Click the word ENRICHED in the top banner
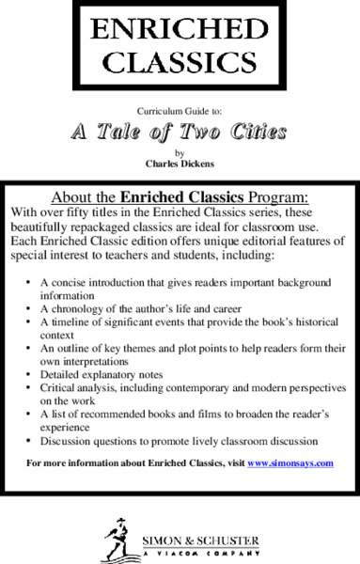pyautogui.click(x=180, y=31)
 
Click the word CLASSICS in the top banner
pyautogui.click(x=180, y=63)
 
